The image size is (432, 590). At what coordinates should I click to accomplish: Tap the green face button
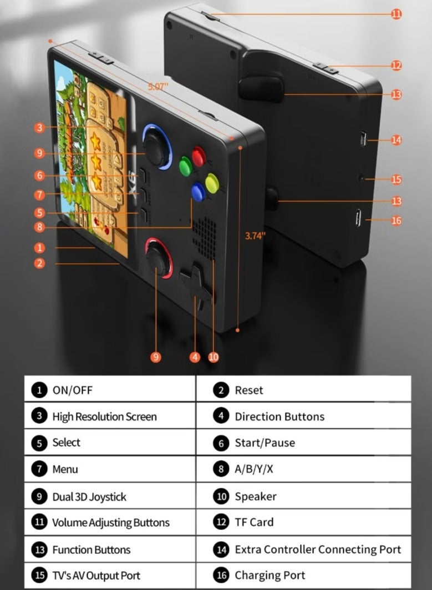[x=185, y=166]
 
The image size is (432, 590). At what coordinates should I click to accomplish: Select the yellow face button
[x=212, y=182]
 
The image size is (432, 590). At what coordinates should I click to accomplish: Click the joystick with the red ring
[x=159, y=258]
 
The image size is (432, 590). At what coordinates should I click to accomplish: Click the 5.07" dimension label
[x=160, y=87]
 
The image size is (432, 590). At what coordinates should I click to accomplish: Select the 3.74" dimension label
[x=255, y=235]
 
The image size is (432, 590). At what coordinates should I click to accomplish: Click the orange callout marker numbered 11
[x=396, y=14]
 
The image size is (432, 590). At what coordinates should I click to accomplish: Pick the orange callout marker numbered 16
[x=396, y=221]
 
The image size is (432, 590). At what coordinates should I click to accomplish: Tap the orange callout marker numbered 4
[x=195, y=357]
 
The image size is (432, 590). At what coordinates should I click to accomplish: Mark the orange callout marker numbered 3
[x=39, y=128]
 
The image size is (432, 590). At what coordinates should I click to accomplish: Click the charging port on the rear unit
[x=358, y=217]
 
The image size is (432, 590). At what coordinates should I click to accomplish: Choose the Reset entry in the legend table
[x=248, y=390]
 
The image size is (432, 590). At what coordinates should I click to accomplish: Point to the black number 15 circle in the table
[x=39, y=576]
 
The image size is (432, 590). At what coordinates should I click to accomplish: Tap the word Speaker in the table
[x=255, y=496]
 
